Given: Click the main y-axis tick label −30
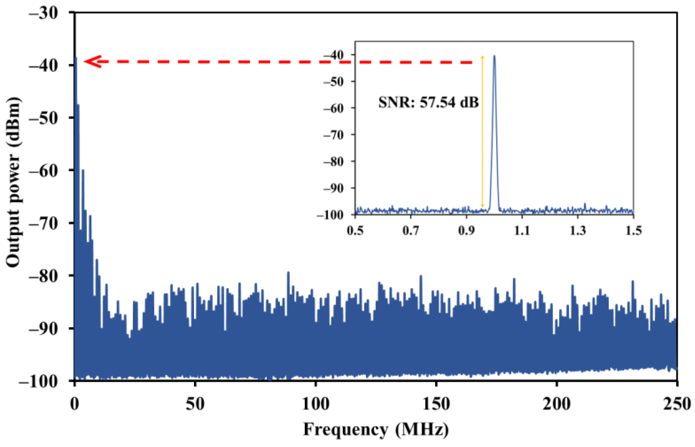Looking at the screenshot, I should [x=44, y=14].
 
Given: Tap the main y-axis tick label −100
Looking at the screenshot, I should [x=38, y=382].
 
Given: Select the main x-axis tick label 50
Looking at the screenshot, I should [x=195, y=404].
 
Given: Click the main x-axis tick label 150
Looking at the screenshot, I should [x=436, y=404].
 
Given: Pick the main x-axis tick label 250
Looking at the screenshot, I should [x=676, y=404].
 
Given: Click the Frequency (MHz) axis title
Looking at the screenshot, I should [x=376, y=430].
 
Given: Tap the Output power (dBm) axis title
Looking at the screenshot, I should [x=13, y=182].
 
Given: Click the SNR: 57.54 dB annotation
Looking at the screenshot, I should [x=428, y=103].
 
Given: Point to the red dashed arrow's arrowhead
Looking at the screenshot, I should [x=92, y=62].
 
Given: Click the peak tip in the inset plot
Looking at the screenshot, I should [x=494, y=56].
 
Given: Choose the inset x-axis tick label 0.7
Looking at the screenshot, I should [x=411, y=231].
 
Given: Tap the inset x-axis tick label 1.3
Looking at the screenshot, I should [x=577, y=231].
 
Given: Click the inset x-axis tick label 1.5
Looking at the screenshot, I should [x=633, y=231].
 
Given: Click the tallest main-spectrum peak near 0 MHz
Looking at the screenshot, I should [x=76, y=58].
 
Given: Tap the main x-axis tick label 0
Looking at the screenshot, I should [x=74, y=404].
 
